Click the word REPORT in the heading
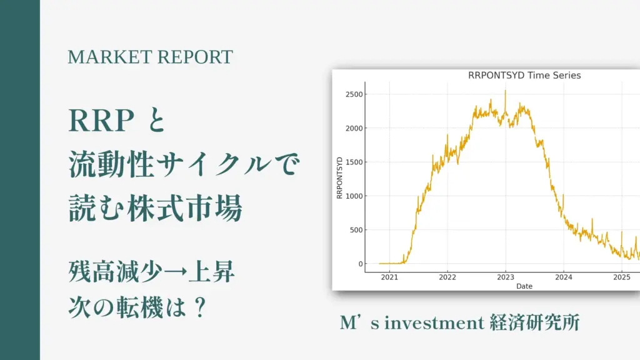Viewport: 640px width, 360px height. coord(195,57)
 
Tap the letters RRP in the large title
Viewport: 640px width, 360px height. coord(102,121)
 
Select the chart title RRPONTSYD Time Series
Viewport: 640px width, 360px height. coord(524,76)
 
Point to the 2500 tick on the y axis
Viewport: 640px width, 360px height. coord(354,94)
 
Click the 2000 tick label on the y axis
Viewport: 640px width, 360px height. coord(354,128)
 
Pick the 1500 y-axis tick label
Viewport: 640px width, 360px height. coord(354,162)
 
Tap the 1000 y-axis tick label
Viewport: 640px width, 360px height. coord(354,196)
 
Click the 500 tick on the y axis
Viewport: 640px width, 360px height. coord(356,230)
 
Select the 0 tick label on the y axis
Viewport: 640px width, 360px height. coord(361,264)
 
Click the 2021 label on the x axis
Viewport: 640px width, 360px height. coord(389,277)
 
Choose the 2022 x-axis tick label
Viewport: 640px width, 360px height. coord(447,277)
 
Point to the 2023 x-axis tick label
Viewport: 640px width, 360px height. coord(505,277)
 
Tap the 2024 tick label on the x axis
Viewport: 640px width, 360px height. coord(563,277)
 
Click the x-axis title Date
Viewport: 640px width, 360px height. coord(524,286)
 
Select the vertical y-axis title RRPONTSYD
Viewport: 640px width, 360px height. coord(339,178)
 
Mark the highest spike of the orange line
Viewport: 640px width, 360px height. coord(505,91)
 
